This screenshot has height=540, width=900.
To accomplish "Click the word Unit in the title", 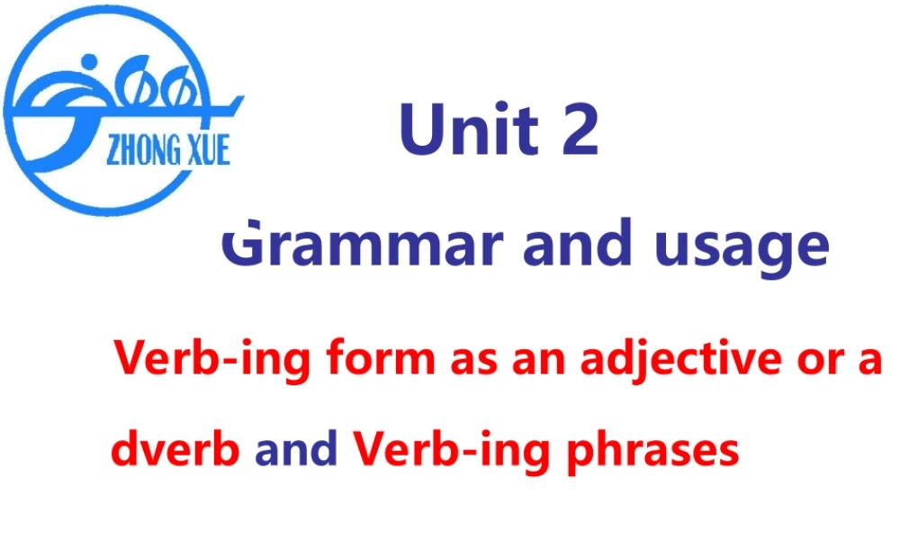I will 468,128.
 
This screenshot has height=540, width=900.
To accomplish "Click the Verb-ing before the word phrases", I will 451,450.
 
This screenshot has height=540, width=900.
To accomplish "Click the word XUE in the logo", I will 205,148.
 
